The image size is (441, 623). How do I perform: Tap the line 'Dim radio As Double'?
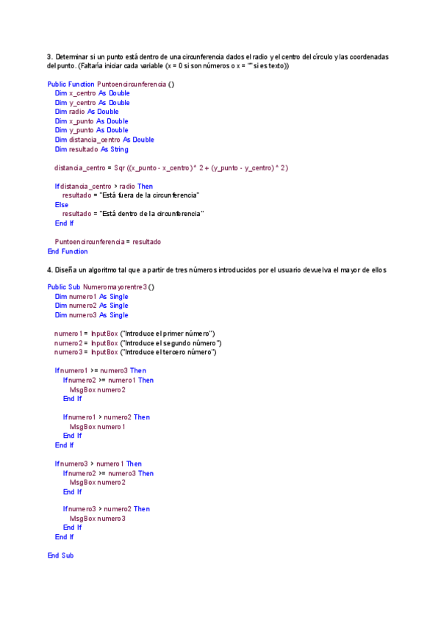(x=86, y=112)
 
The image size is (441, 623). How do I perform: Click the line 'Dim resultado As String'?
(x=91, y=149)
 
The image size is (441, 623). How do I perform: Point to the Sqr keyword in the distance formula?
(x=120, y=168)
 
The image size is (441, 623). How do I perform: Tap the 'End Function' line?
(x=68, y=251)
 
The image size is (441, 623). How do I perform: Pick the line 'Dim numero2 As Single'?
(x=91, y=306)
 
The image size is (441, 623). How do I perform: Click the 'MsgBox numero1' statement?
(x=98, y=427)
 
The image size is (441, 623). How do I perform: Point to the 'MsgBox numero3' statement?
(x=98, y=519)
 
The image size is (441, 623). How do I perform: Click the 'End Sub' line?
(x=60, y=555)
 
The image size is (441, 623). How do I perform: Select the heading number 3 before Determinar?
(x=49, y=57)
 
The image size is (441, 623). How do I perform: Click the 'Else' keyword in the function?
(x=61, y=205)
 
